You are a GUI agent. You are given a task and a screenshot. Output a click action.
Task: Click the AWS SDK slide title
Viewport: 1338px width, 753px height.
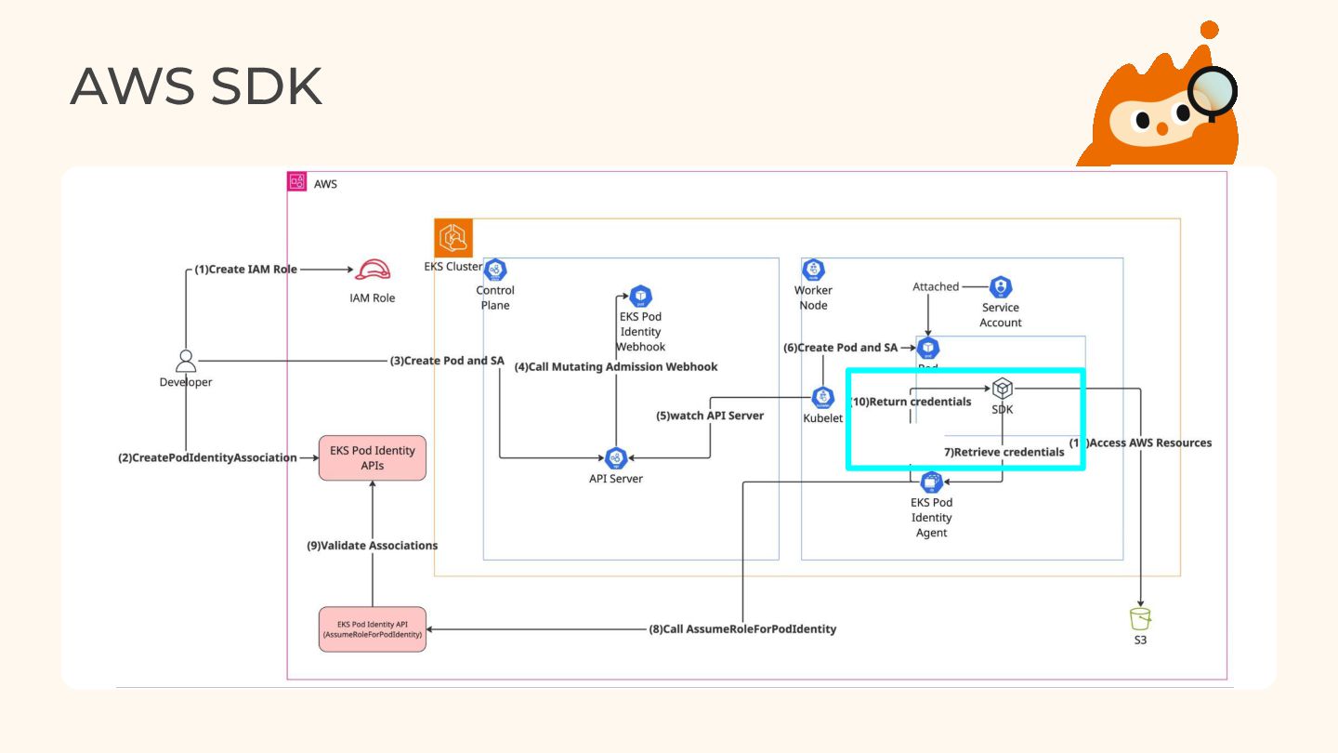pos(196,86)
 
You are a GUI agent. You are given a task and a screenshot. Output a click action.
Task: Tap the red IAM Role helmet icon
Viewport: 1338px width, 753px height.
pos(372,271)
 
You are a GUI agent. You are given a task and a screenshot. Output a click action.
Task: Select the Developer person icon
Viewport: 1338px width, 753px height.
pos(186,362)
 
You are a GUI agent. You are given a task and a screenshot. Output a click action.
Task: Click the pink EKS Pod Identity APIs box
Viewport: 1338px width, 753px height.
pos(372,457)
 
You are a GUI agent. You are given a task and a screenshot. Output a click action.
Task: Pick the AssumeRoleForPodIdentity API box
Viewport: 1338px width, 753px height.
pos(372,628)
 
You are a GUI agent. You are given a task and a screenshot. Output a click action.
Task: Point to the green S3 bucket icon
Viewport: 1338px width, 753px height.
pos(1140,618)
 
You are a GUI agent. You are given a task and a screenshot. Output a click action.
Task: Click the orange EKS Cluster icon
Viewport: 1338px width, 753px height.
pos(453,239)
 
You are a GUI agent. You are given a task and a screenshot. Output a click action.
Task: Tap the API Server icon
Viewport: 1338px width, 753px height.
pos(615,457)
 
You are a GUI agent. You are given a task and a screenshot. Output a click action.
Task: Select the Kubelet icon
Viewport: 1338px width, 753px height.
pos(822,398)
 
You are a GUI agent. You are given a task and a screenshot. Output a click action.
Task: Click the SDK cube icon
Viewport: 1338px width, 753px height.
pos(1002,389)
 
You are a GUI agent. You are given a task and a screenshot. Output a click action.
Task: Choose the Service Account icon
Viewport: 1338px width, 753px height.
pos(1001,287)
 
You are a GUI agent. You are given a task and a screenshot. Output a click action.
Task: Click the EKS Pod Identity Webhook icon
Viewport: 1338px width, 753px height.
pos(640,297)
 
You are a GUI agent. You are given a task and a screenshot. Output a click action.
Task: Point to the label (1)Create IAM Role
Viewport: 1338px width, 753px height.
pos(245,270)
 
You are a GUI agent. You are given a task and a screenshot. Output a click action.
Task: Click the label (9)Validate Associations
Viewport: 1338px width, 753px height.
pos(372,546)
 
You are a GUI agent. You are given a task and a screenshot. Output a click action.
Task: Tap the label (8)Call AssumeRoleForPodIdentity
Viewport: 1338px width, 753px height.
pos(742,629)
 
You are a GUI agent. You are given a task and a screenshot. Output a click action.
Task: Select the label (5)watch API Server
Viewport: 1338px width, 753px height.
pos(710,416)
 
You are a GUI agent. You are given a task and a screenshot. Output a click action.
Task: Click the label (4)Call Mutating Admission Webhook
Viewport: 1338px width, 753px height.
pos(616,367)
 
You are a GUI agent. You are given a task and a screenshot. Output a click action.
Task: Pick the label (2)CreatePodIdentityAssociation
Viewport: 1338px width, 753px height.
pos(207,457)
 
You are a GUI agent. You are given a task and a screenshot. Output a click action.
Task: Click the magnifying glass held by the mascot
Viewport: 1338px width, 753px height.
pos(1214,92)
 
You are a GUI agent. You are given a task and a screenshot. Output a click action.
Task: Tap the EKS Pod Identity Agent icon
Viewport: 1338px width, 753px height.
pos(931,482)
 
